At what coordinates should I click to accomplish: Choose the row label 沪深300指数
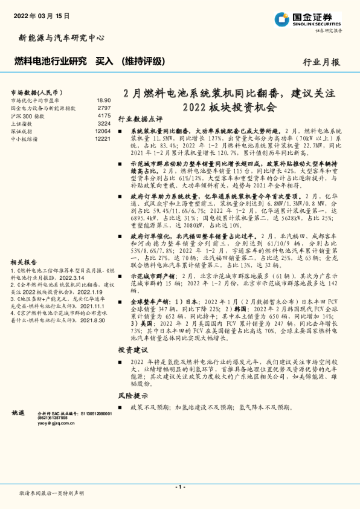[28, 115]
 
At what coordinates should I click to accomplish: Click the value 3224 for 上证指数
[103, 123]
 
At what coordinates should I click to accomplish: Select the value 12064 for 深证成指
[103, 131]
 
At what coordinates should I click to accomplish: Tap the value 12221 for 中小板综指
[103, 138]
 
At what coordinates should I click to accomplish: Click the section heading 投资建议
[132, 350]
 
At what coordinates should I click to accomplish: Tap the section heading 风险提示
[132, 395]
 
